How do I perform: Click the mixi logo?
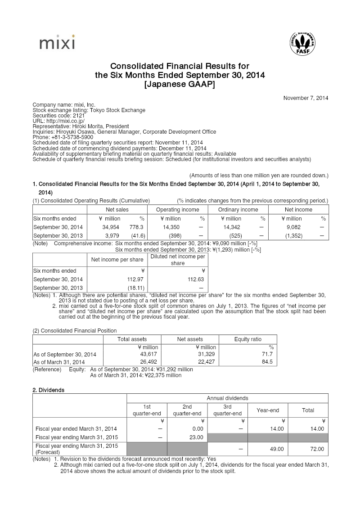tap(57, 43)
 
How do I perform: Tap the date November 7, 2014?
tap(306, 98)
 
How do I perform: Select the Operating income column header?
tap(177, 209)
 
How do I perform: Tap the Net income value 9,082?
tap(294, 227)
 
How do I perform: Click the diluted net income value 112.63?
tap(195, 279)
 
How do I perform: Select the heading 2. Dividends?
tap(48, 390)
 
